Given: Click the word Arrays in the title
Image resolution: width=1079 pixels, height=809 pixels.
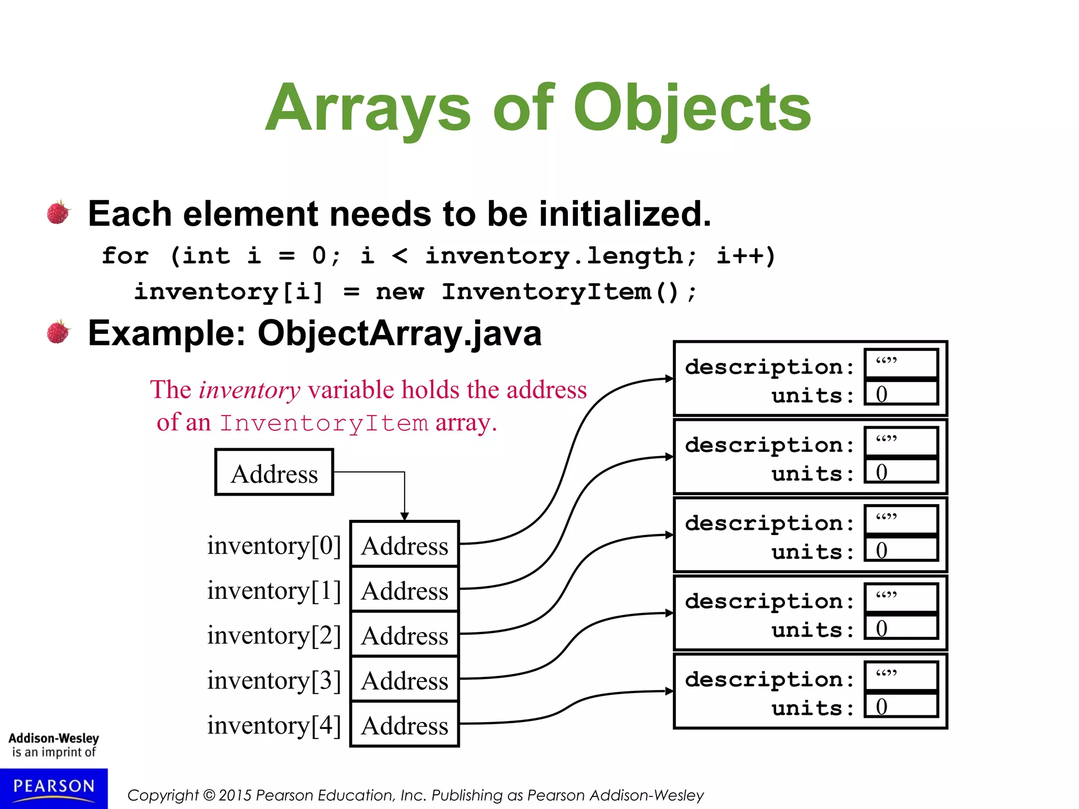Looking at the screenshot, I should [368, 109].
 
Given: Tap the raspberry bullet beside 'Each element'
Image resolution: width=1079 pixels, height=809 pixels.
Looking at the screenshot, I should [58, 212].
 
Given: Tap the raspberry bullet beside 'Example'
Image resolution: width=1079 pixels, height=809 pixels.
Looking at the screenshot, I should [58, 332].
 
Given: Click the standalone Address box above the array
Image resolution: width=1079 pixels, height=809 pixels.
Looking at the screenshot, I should [274, 472].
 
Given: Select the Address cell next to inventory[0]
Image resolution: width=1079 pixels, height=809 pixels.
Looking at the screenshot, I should [405, 545].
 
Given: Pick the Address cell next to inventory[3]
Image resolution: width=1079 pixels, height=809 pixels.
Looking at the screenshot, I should [405, 680].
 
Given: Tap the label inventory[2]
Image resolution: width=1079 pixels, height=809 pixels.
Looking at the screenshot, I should [274, 635].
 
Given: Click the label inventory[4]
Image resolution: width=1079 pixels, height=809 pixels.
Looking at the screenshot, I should [274, 725].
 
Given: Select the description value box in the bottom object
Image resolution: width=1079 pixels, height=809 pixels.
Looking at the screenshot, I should [901, 675].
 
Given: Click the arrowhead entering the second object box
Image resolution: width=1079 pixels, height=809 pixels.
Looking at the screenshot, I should [669, 457].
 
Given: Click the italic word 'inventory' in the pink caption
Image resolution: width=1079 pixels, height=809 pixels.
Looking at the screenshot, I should [250, 390].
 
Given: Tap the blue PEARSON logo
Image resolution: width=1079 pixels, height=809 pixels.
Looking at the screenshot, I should [54, 787].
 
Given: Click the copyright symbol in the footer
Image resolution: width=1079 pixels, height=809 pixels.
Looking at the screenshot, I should [209, 795].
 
